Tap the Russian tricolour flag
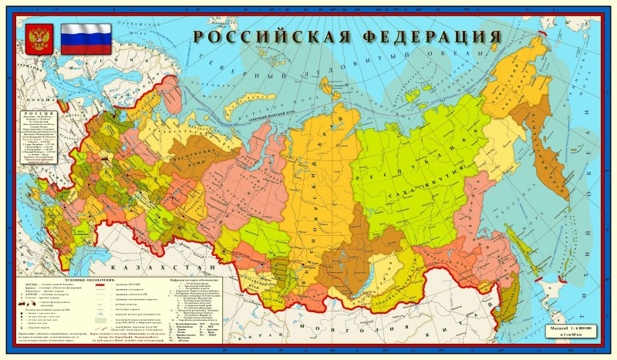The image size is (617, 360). [x=86, y=38]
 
